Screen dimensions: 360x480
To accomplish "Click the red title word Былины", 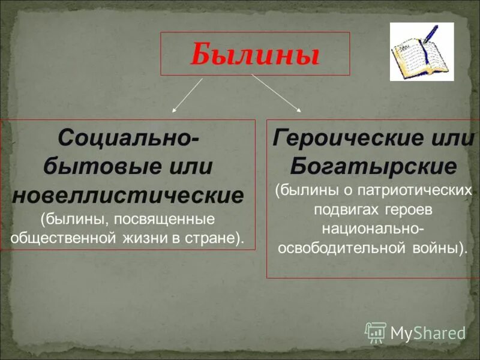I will (254, 55).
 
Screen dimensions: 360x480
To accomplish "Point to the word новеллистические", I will (128, 196).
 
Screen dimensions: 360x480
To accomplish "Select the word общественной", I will (62, 236).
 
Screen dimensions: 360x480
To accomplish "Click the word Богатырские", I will (373, 165).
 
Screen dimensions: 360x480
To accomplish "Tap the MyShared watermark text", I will (428, 332).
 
